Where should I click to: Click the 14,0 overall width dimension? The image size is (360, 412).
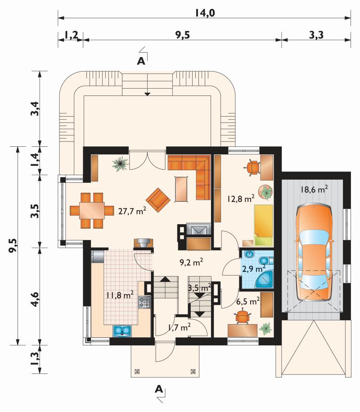pos(205,13)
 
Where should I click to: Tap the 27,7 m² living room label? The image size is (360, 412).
pos(132,211)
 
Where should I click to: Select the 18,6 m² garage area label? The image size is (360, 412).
pos(314,189)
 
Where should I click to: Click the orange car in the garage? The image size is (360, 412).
pos(314,253)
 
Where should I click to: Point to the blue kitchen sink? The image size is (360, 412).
pos(122,331)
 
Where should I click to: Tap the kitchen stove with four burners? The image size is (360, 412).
pos(145,302)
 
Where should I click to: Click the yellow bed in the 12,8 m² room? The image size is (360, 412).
pos(263,225)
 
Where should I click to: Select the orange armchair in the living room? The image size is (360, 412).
pos(158,200)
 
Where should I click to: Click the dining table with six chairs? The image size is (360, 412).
pos(92,210)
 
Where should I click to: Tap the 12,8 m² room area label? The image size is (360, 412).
pos(241,199)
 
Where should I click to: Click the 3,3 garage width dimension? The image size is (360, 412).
pos(316,35)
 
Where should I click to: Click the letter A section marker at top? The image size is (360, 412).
pos(141,61)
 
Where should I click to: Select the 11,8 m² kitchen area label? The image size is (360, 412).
pos(120,295)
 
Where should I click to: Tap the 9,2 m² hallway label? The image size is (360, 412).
pos(191,262)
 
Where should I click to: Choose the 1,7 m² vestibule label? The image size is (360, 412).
pos(180,327)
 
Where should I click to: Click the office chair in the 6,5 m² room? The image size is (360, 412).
pos(243,317)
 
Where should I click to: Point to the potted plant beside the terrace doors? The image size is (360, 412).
pos(121,164)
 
